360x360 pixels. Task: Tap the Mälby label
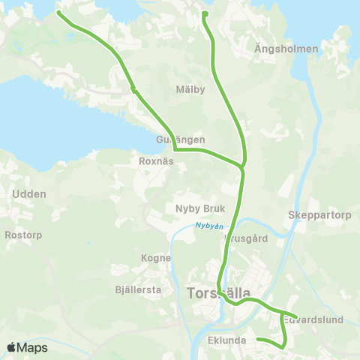(x=190, y=89)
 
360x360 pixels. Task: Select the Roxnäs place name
(x=157, y=160)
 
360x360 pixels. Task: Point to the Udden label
(x=29, y=193)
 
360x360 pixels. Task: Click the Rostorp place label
(x=23, y=235)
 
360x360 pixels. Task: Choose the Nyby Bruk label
(x=194, y=208)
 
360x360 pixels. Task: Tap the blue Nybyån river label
(x=209, y=225)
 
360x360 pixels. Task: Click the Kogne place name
(x=156, y=257)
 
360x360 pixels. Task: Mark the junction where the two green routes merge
(x=242, y=166)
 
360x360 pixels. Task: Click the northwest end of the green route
(x=59, y=13)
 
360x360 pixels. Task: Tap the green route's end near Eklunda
(x=259, y=340)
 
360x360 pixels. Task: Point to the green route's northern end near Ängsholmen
(x=205, y=13)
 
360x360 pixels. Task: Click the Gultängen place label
(x=181, y=140)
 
